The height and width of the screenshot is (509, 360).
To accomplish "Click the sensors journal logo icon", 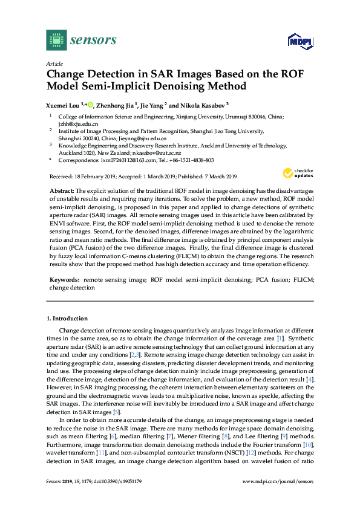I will click(x=56, y=40).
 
